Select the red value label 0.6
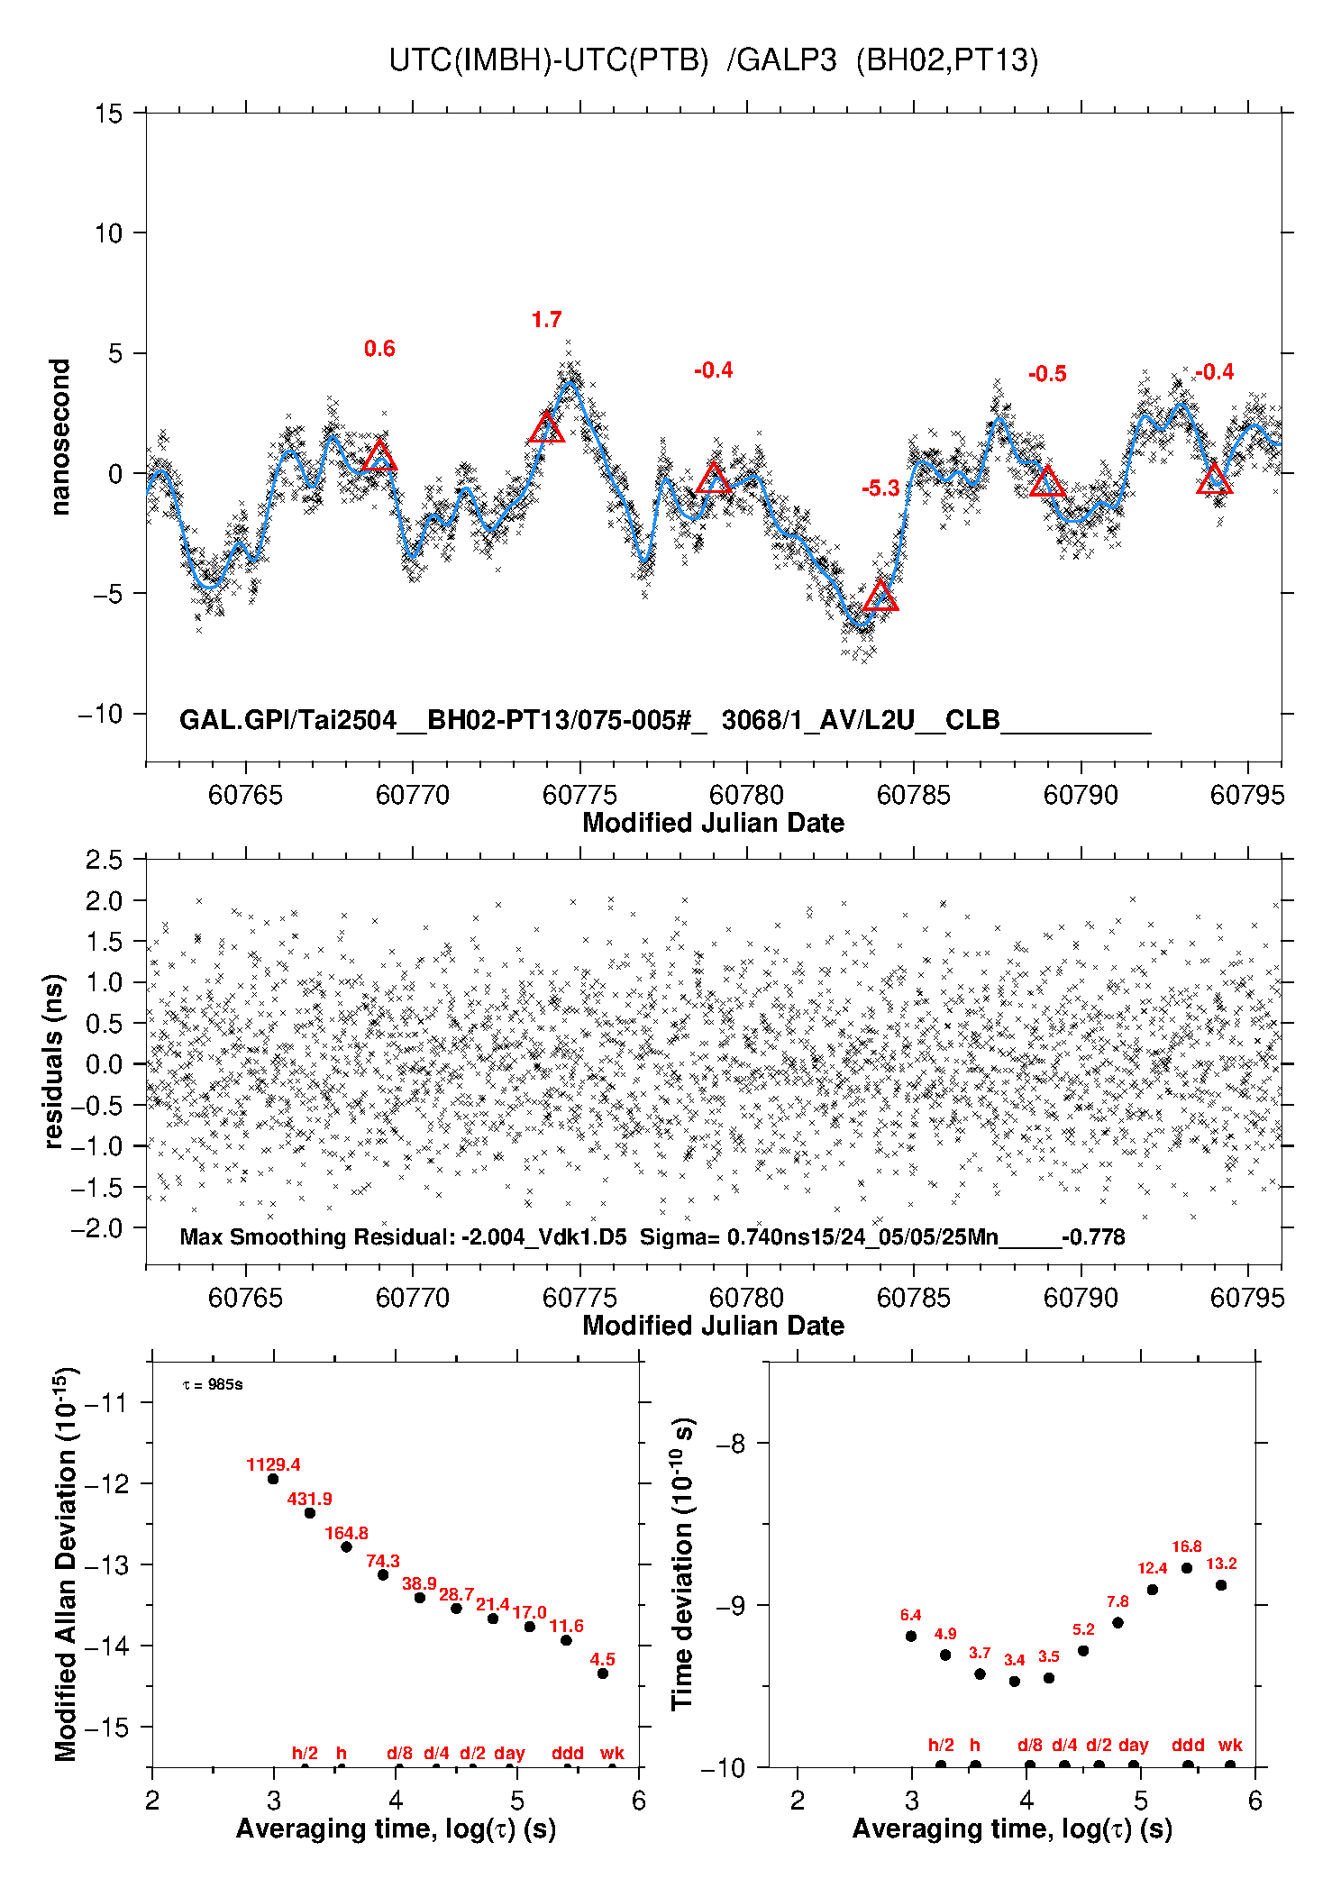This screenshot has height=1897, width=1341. pyautogui.click(x=379, y=349)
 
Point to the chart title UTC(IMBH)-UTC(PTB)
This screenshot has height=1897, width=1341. pyautogui.click(x=549, y=60)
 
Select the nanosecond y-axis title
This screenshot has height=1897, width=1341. pyautogui.click(x=59, y=437)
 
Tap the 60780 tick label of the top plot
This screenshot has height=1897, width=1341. pyautogui.click(x=746, y=795)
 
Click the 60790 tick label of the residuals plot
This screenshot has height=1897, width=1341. pyautogui.click(x=1081, y=1298)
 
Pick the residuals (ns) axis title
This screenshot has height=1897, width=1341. pyautogui.click(x=54, y=1061)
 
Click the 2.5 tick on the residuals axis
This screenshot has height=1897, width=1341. pyautogui.click(x=105, y=860)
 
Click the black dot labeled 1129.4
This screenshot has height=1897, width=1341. pyautogui.click(x=273, y=1479)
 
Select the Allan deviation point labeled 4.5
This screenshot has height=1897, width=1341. pyautogui.click(x=603, y=1674)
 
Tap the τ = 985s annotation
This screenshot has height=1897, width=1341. pyautogui.click(x=213, y=1384)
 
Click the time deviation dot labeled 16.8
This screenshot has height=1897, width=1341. pyautogui.click(x=1187, y=1568)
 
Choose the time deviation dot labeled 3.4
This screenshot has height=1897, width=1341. pyautogui.click(x=1015, y=1681)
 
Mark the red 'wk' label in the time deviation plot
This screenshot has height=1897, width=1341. pyautogui.click(x=1230, y=1746)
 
